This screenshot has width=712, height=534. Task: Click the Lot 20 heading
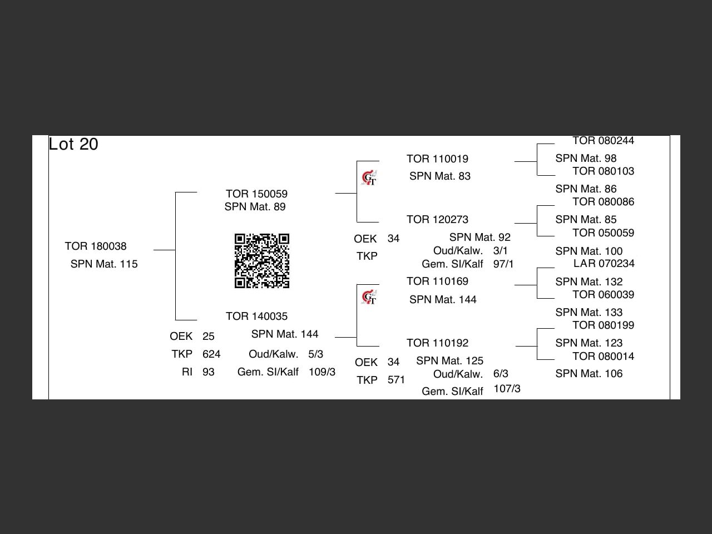point(73,144)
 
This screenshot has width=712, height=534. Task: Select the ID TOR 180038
point(96,246)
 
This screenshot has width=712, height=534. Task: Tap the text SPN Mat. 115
point(104,264)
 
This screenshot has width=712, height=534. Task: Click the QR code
point(262,261)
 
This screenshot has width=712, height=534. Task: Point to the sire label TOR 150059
point(256,194)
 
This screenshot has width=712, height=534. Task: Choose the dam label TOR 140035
point(256,316)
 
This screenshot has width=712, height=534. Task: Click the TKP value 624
point(211,354)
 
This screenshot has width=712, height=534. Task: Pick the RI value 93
point(209,372)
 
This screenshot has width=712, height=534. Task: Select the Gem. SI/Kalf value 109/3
point(322,372)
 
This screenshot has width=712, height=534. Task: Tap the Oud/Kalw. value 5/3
point(315,354)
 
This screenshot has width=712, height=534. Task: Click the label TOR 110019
point(437,159)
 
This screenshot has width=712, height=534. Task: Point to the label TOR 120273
point(437,219)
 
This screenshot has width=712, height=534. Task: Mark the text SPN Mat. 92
point(479,237)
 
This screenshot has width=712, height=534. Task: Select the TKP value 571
point(396,380)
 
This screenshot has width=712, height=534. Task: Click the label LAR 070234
point(604,263)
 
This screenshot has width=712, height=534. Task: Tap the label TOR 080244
point(603,141)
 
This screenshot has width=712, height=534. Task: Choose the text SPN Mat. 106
point(589,373)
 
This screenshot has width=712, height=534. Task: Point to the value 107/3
point(507,388)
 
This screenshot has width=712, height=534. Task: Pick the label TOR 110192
point(437,343)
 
